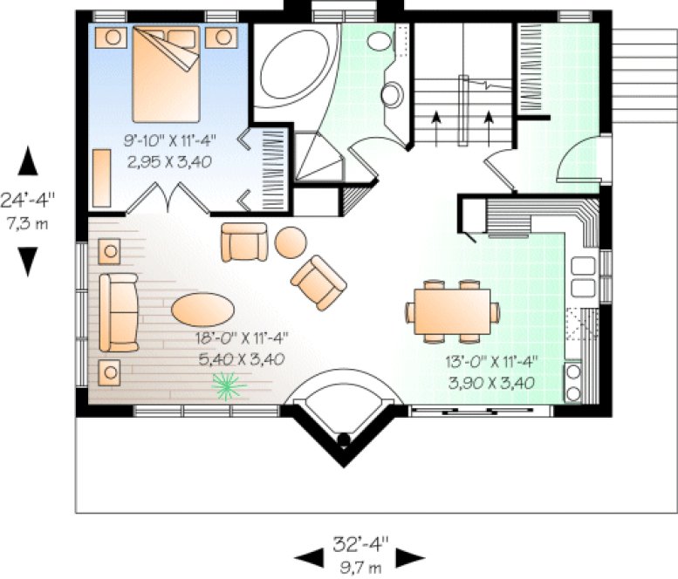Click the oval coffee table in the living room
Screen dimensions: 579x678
(x=202, y=309)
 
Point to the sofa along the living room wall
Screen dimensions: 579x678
(x=118, y=311)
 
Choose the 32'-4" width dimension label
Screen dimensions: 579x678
(x=360, y=547)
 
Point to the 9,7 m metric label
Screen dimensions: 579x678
(x=360, y=568)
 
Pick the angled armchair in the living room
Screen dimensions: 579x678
(x=318, y=282)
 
